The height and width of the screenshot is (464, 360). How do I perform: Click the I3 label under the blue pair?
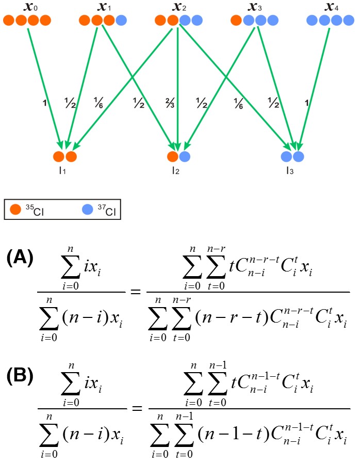pyautogui.click(x=292, y=170)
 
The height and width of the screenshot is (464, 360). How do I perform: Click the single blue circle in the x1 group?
pyautogui.click(x=122, y=21)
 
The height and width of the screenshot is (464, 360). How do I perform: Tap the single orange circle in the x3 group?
pyautogui.click(x=236, y=21)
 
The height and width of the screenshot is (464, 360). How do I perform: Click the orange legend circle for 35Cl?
pyautogui.click(x=15, y=210)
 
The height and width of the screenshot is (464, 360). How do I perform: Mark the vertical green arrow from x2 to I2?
pyautogui.click(x=177, y=85)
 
